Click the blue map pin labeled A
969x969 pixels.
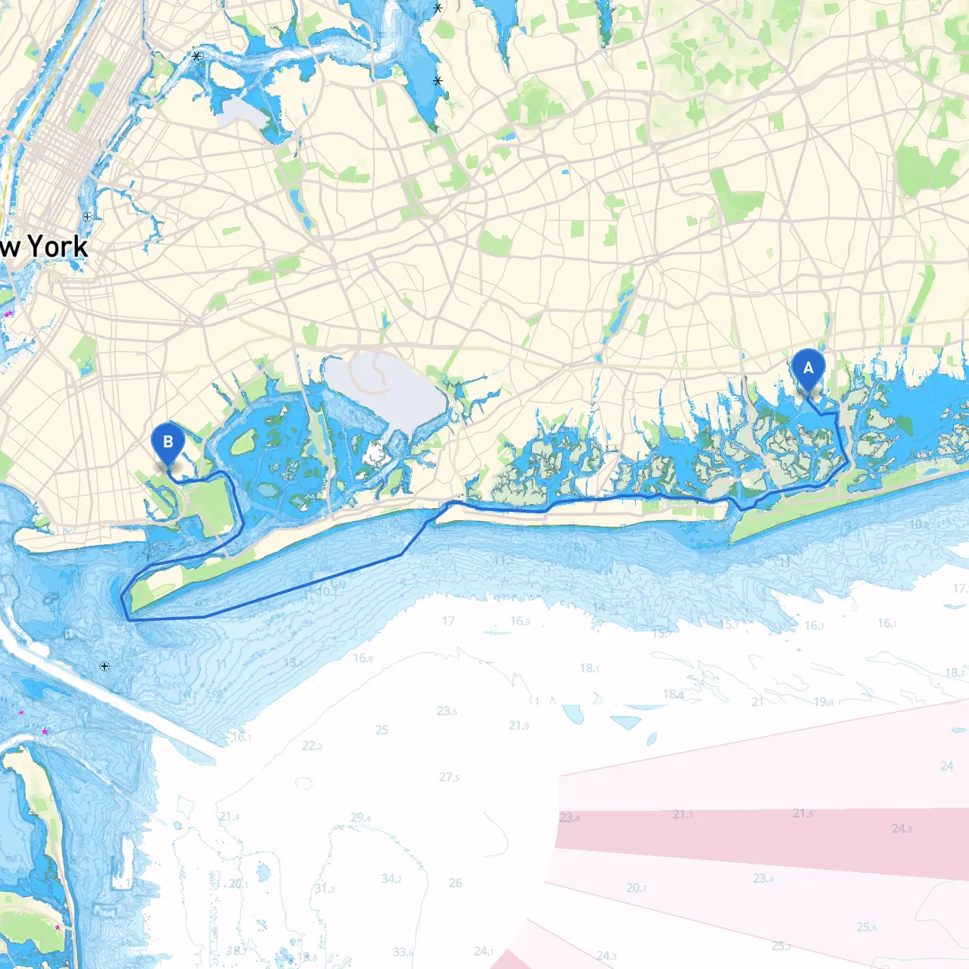click(x=808, y=369)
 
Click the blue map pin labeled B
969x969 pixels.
click(x=167, y=443)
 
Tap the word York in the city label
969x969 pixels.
click(x=58, y=247)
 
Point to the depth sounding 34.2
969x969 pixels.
click(x=391, y=879)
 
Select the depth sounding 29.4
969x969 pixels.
click(x=360, y=818)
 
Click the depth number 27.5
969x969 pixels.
click(x=449, y=777)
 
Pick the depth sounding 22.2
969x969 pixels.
click(x=312, y=746)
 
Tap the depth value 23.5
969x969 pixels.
click(x=447, y=711)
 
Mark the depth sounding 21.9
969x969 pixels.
click(x=519, y=725)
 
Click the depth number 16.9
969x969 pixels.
click(x=520, y=622)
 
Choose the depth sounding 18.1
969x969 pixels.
click(x=589, y=668)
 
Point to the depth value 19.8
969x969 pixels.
click(x=824, y=702)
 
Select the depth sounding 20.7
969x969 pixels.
click(x=636, y=888)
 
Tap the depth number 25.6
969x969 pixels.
click(x=866, y=927)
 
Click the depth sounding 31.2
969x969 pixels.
click(x=325, y=889)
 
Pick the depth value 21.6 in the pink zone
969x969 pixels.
click(x=803, y=814)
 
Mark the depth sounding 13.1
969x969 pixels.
click(x=293, y=662)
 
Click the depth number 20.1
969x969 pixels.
click(x=238, y=884)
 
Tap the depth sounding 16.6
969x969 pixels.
click(x=363, y=659)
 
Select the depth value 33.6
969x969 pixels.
click(x=403, y=952)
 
